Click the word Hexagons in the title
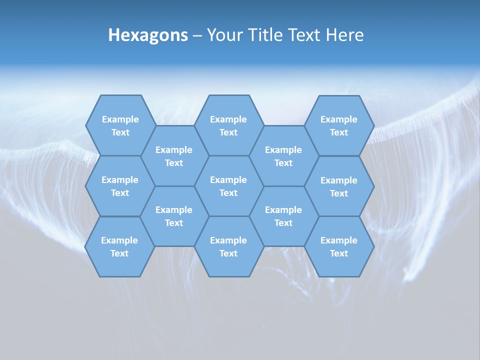pyautogui.click(x=148, y=35)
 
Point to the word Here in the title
pyautogui.click(x=344, y=35)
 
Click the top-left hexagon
pyautogui.click(x=120, y=125)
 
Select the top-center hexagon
pyautogui.click(x=228, y=125)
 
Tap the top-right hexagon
pyautogui.click(x=339, y=125)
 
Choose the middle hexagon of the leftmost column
pyautogui.click(x=120, y=186)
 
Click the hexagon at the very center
pyautogui.click(x=228, y=186)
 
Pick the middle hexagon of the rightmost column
pyautogui.click(x=339, y=186)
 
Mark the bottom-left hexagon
pyautogui.click(x=119, y=246)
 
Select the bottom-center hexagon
pyautogui.click(x=228, y=246)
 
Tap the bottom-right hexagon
pyautogui.click(x=339, y=246)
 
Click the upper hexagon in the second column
pyautogui.click(x=174, y=156)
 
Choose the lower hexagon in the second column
pyautogui.click(x=174, y=216)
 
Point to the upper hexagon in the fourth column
pyautogui.click(x=283, y=156)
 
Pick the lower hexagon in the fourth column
pyautogui.click(x=283, y=216)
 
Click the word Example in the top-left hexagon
pyautogui.click(x=120, y=119)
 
